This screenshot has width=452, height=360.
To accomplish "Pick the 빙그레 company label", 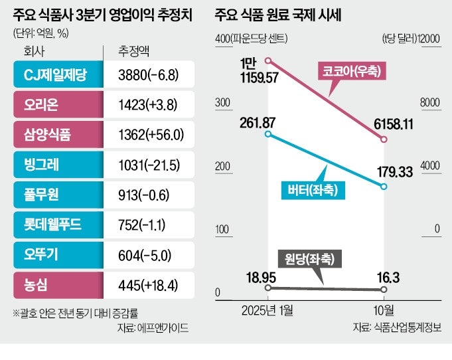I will [56, 165].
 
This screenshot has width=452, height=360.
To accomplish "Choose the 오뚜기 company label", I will [56, 256].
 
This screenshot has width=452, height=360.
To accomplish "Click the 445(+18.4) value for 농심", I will [145, 286].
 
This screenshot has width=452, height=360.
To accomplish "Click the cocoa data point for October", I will [384, 139].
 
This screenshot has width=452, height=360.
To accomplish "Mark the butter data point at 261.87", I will [267, 134].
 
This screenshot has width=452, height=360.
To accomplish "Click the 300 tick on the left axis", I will [223, 102].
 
